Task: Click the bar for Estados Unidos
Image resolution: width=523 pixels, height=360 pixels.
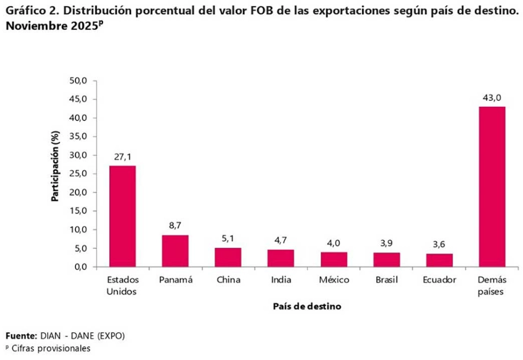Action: tap(122, 216)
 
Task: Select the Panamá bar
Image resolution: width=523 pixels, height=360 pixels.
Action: tap(175, 250)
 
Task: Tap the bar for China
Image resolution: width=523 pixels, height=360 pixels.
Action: tap(228, 257)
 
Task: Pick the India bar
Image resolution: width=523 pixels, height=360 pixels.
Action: tap(281, 258)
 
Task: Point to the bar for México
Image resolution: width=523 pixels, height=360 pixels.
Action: tap(333, 259)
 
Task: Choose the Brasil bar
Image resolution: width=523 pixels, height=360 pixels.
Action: tap(386, 260)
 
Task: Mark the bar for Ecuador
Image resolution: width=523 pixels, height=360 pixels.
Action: tap(439, 260)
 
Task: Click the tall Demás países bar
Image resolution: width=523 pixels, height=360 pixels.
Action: tap(492, 187)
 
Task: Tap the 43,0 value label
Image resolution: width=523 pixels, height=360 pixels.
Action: tap(492, 98)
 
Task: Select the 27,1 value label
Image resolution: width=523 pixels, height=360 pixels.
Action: tap(122, 157)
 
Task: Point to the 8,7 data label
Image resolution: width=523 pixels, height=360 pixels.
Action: tap(175, 226)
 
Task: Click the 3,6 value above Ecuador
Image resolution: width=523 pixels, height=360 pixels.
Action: tap(439, 245)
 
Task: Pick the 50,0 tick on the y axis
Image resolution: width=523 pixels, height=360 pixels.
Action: tap(79, 81)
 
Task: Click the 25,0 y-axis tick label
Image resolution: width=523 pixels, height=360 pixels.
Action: tap(79, 174)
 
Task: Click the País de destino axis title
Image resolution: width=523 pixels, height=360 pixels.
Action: tap(307, 306)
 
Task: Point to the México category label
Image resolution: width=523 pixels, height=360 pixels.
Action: tap(333, 280)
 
